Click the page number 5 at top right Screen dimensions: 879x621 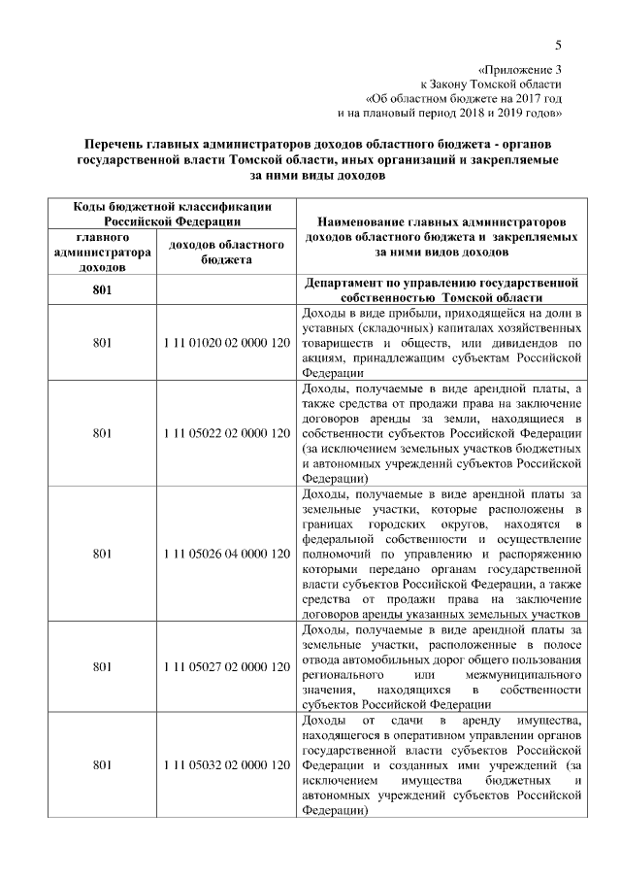(559, 44)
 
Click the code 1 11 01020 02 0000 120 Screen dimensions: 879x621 (226, 344)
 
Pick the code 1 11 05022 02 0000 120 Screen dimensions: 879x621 (226, 432)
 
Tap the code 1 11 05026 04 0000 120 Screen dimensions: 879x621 (226, 553)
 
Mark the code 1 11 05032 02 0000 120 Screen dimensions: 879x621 (226, 765)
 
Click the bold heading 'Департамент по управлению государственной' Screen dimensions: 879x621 (442, 283)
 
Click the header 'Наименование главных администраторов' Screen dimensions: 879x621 (442, 222)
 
